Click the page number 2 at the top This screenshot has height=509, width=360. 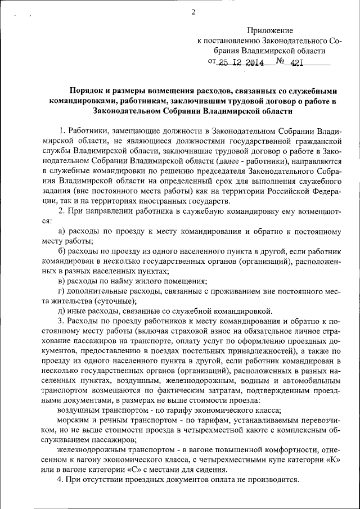click(x=193, y=12)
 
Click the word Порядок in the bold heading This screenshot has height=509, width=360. click(x=85, y=91)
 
